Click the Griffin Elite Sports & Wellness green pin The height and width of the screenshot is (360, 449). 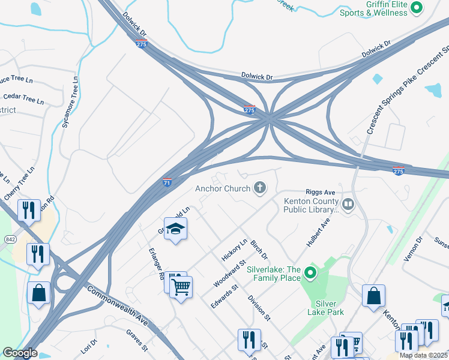coord(416,8)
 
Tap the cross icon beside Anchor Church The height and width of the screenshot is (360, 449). coord(260,188)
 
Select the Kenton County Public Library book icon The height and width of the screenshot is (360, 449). coord(348,206)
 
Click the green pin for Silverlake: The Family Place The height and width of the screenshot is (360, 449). coord(310,274)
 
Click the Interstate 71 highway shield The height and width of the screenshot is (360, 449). coord(168,182)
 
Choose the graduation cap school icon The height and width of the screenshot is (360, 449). coord(176,229)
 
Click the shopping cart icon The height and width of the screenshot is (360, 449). coord(181,287)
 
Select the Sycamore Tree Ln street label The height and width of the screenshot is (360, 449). coord(71,103)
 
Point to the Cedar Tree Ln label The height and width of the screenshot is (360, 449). coord(24,98)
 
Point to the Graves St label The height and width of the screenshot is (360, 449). coord(137,340)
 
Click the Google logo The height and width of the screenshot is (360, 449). coord(20,353)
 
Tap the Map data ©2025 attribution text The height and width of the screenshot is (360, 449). coord(423,355)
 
